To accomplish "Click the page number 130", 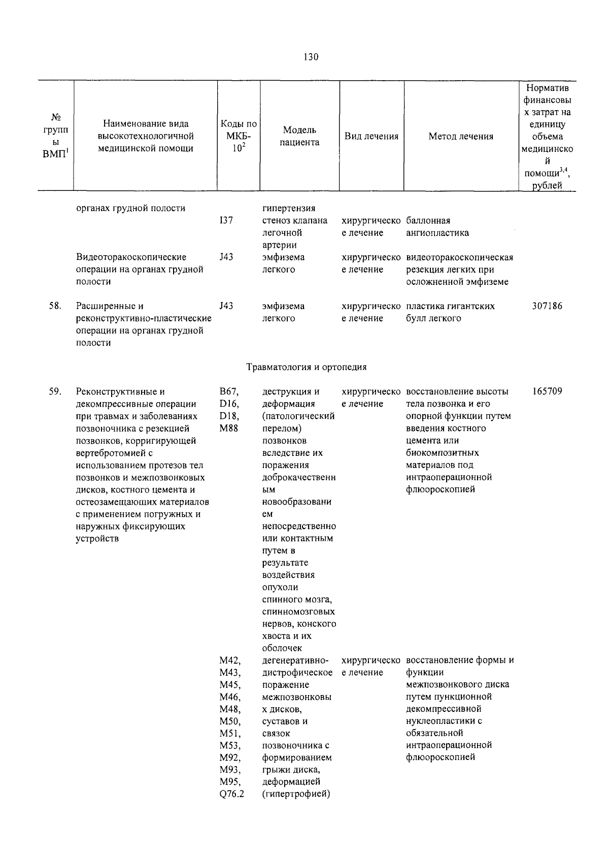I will pyautogui.click(x=311, y=57).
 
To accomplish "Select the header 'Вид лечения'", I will pyautogui.click(x=371, y=136).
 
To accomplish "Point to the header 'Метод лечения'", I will pyautogui.click(x=460, y=136).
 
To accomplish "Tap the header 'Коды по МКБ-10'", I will pyautogui.click(x=239, y=136).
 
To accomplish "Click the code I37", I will pyautogui.click(x=226, y=221).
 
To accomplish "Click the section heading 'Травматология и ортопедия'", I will pyautogui.click(x=306, y=367).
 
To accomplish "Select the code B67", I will pyautogui.click(x=229, y=392).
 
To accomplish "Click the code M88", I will pyautogui.click(x=228, y=428).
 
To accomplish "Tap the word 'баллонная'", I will pyautogui.click(x=428, y=221).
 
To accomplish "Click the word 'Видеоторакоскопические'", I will pyautogui.click(x=131, y=257).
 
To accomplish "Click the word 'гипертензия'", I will pyautogui.click(x=288, y=209).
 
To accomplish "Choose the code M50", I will pyautogui.click(x=229, y=721).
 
